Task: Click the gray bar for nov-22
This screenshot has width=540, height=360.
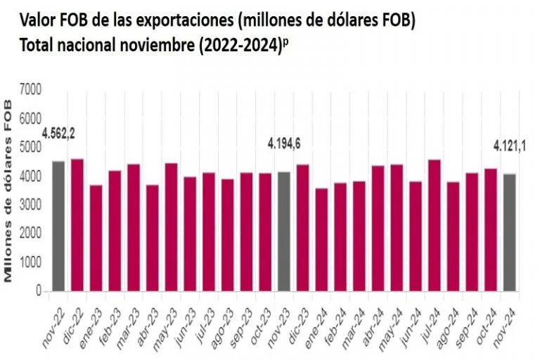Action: point(58,226)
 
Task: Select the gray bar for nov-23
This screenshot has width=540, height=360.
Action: point(284,231)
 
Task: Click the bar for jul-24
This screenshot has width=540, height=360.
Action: point(434,225)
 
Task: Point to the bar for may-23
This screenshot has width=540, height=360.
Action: point(171,227)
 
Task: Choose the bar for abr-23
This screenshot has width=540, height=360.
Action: point(153,238)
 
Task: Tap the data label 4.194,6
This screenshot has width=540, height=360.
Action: point(284,143)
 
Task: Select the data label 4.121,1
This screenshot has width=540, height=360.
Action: point(510,147)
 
